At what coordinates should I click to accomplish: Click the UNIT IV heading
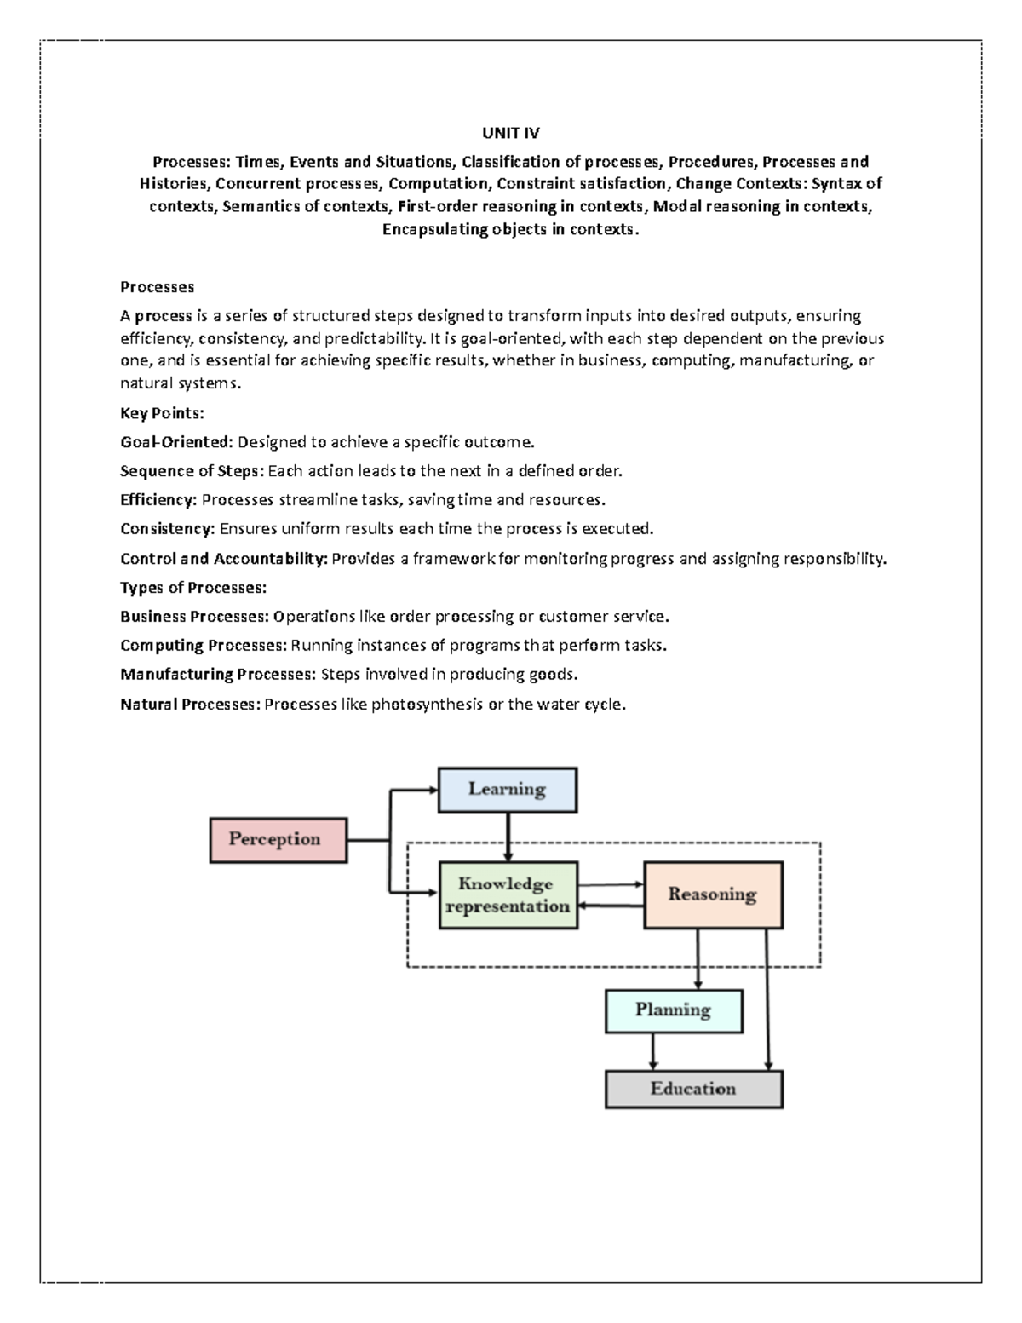point(510,133)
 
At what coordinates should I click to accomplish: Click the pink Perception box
point(278,840)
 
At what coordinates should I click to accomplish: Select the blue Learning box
point(507,789)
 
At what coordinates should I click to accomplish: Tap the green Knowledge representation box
point(508,895)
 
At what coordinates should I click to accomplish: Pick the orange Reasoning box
point(712,894)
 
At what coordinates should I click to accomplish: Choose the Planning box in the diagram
point(673,1010)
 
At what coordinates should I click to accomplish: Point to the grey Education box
point(693,1089)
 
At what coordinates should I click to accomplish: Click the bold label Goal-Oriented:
point(176,442)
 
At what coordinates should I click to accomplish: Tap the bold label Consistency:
point(168,529)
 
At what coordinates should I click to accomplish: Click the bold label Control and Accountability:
point(223,559)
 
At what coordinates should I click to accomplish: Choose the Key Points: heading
point(162,413)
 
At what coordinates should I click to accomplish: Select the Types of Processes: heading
point(193,588)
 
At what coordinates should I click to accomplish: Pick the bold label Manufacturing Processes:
point(218,675)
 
